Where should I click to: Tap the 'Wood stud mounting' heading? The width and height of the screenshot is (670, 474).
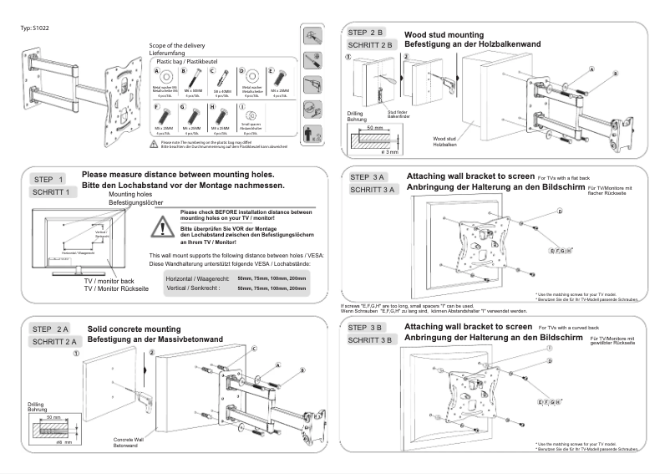tap(437, 35)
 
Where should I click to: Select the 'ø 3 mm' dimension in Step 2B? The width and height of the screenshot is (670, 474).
tap(388, 151)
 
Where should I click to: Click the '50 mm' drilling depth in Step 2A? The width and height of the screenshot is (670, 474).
tap(54, 416)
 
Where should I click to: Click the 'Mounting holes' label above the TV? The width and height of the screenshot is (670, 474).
tap(129, 194)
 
